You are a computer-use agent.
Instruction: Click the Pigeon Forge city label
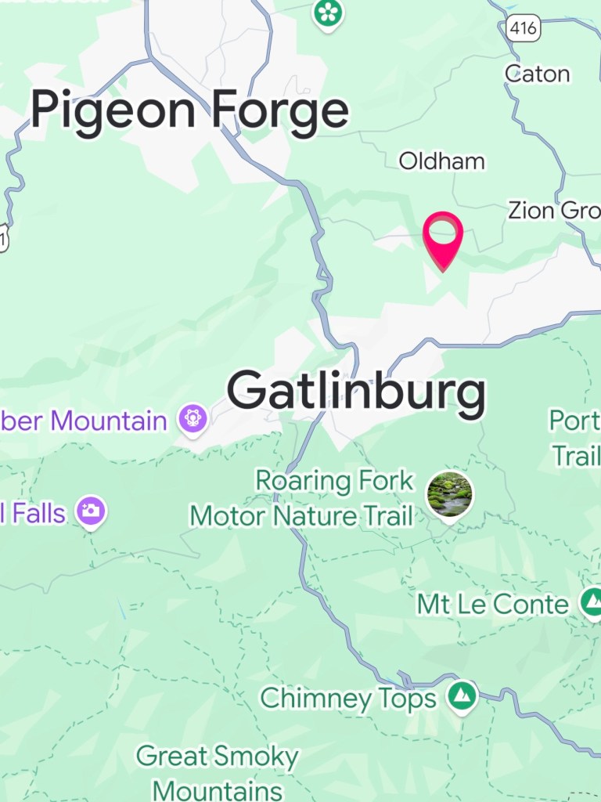point(189,111)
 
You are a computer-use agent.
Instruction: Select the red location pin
point(443,235)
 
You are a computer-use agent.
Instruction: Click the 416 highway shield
point(523,29)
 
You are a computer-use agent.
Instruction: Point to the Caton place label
point(537,74)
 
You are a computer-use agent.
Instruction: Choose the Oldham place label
point(441,161)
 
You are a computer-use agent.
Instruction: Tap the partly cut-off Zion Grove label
point(554,211)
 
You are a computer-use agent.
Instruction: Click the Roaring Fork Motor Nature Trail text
point(301,498)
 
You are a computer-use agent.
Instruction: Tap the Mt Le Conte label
point(492,604)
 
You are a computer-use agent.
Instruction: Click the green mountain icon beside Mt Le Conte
point(592,601)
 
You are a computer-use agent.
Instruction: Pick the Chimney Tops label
point(347,698)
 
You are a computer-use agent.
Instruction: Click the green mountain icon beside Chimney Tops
point(462,695)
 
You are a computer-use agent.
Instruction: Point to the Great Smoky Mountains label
point(218,772)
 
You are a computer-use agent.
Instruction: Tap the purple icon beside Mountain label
point(192,418)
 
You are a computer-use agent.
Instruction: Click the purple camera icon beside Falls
point(91,512)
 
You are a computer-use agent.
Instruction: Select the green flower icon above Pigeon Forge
point(329,13)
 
